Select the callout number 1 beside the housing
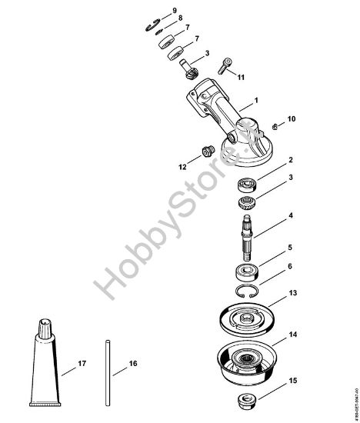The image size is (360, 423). (255, 100)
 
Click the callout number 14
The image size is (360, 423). (272, 337)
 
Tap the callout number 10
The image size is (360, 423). (270, 119)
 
